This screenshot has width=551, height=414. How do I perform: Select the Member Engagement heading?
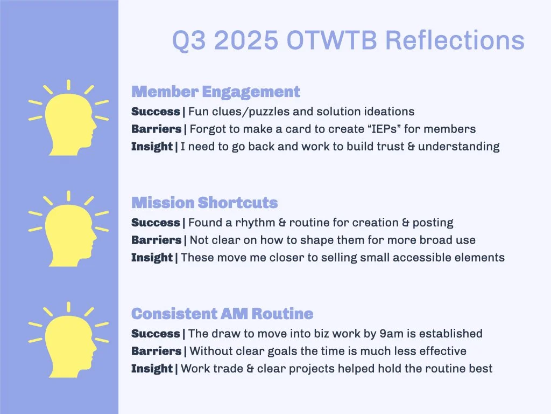[215, 92]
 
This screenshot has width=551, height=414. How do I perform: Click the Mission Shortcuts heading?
[204, 203]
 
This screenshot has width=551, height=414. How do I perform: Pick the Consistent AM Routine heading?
[222, 314]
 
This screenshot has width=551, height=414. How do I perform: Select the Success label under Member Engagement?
[156, 112]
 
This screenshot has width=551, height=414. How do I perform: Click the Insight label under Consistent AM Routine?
[152, 369]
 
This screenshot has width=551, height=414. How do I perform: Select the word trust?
[386, 146]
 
